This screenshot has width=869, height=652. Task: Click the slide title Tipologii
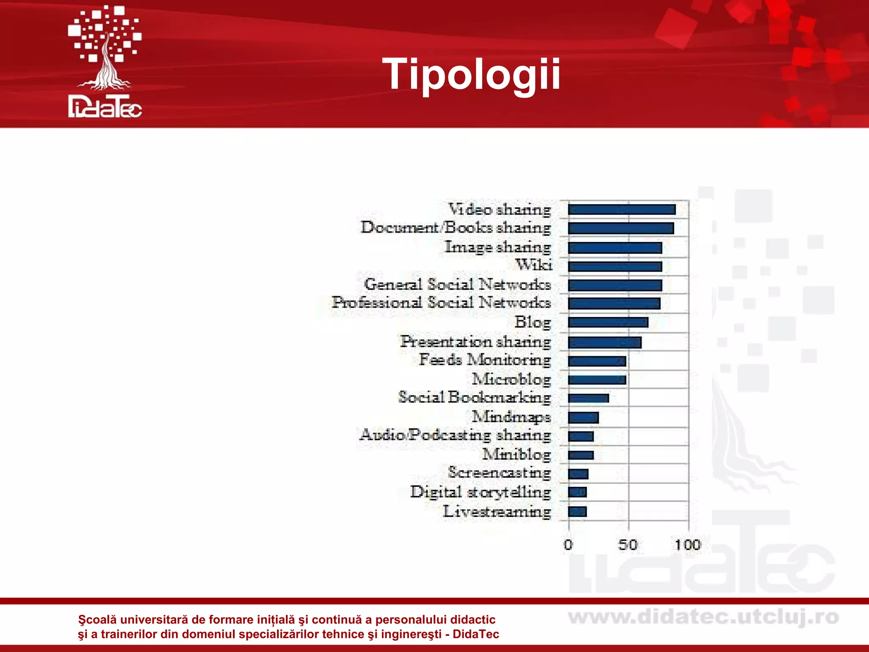pyautogui.click(x=471, y=75)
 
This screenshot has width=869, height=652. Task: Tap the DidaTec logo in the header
pyautogui.click(x=105, y=62)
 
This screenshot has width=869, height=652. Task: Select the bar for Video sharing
pyautogui.click(x=622, y=210)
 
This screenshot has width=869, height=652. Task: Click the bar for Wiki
pyautogui.click(x=615, y=267)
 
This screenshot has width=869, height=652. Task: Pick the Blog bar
pyautogui.click(x=608, y=323)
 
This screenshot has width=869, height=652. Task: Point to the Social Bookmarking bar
pyautogui.click(x=589, y=398)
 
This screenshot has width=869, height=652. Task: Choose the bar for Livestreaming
pyautogui.click(x=577, y=511)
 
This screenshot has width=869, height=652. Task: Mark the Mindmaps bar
pyautogui.click(x=583, y=418)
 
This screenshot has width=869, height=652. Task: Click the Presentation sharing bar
pyautogui.click(x=605, y=342)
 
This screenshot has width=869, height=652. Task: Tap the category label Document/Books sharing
pyautogui.click(x=456, y=228)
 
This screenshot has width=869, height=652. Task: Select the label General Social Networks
pyautogui.click(x=457, y=284)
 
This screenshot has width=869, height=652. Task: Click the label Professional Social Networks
pyautogui.click(x=441, y=303)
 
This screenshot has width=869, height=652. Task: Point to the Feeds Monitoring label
pyautogui.click(x=485, y=360)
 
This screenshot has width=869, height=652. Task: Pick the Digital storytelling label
pyautogui.click(x=480, y=492)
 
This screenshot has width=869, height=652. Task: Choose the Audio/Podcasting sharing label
pyautogui.click(x=455, y=435)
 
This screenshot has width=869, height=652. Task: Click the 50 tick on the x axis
pyautogui.click(x=628, y=545)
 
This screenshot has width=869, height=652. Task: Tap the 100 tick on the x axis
pyautogui.click(x=688, y=545)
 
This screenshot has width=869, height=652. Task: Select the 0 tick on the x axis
pyautogui.click(x=569, y=545)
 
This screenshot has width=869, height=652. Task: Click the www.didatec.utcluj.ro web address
pyautogui.click(x=703, y=618)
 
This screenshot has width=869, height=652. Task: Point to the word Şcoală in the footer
pyautogui.click(x=97, y=620)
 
